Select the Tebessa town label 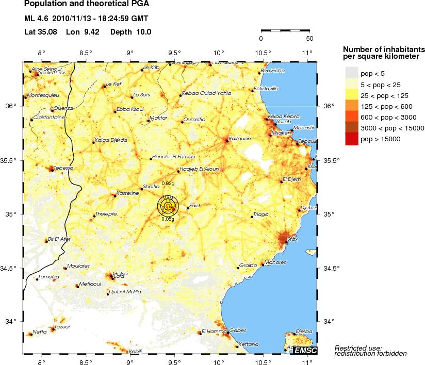(x=50, y=168)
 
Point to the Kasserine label (x=127, y=193)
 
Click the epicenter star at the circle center (x=168, y=206)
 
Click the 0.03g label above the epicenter (x=168, y=183)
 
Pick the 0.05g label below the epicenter (x=168, y=219)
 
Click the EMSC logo (x=304, y=351)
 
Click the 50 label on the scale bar (x=309, y=38)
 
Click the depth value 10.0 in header (x=143, y=32)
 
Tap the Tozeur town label (x=62, y=327)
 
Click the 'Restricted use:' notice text (x=358, y=347)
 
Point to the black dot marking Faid (x=188, y=208)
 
